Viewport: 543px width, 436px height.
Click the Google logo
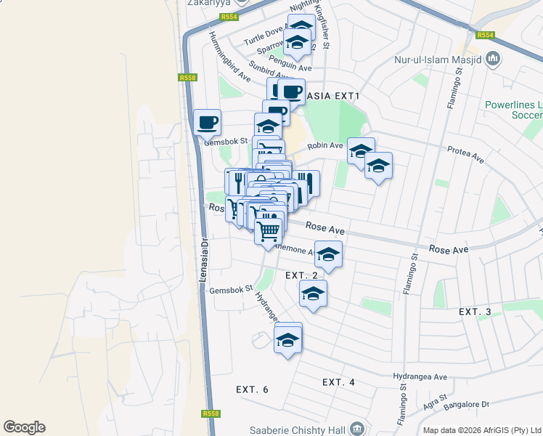pyautogui.click(x=24, y=427)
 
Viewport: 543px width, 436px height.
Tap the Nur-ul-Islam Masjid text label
pyautogui.click(x=438, y=60)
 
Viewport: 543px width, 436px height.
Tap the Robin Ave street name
pyautogui.click(x=324, y=146)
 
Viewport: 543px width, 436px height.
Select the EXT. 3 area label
pyautogui.click(x=475, y=312)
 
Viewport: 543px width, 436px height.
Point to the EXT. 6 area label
pyautogui.click(x=252, y=389)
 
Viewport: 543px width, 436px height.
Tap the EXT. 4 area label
pyautogui.click(x=338, y=382)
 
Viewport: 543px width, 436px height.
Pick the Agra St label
pyautogui.click(x=436, y=399)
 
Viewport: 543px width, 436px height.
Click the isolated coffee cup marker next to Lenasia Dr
pyautogui.click(x=207, y=122)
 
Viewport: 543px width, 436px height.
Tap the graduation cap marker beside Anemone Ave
pyautogui.click(x=328, y=254)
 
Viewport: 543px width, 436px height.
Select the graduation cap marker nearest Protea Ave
pyautogui.click(x=377, y=166)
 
